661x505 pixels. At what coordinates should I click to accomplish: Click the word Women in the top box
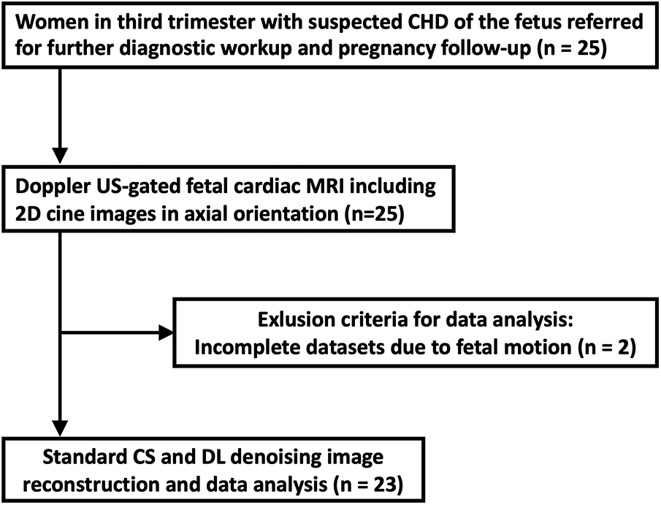pyautogui.click(x=49, y=23)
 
